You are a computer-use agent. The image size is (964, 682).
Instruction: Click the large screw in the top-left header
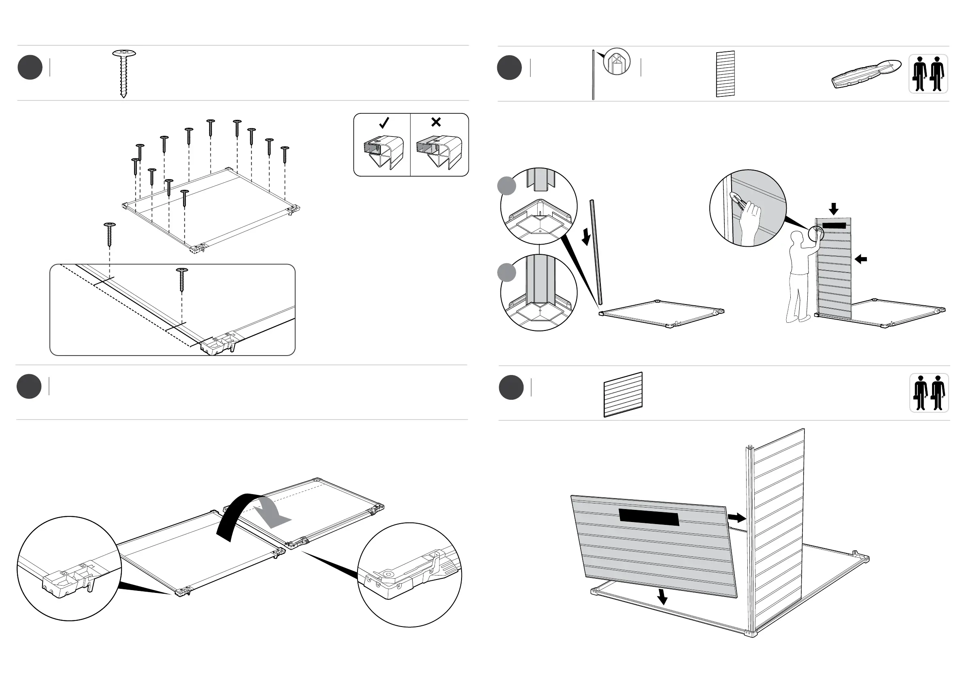[x=124, y=73]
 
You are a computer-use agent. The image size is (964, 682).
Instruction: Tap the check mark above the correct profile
[x=384, y=123]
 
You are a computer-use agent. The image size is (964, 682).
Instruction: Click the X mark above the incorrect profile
[x=436, y=122]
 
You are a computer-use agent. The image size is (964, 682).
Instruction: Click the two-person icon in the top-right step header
[x=928, y=74]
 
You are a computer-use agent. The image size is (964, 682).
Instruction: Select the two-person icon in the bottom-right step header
[x=929, y=393]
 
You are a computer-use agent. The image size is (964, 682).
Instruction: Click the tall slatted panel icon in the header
[x=725, y=74]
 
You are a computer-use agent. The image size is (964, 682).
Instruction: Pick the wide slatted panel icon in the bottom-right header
[x=623, y=394]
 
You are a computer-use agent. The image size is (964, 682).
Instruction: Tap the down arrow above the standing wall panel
[x=834, y=209]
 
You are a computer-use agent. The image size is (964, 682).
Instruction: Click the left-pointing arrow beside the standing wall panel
[x=861, y=259]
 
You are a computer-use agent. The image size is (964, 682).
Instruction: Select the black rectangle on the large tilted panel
[x=649, y=518]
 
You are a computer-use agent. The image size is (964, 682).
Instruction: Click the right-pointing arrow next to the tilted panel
[x=736, y=518]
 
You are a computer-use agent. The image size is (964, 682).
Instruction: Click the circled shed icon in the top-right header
[x=616, y=62]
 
